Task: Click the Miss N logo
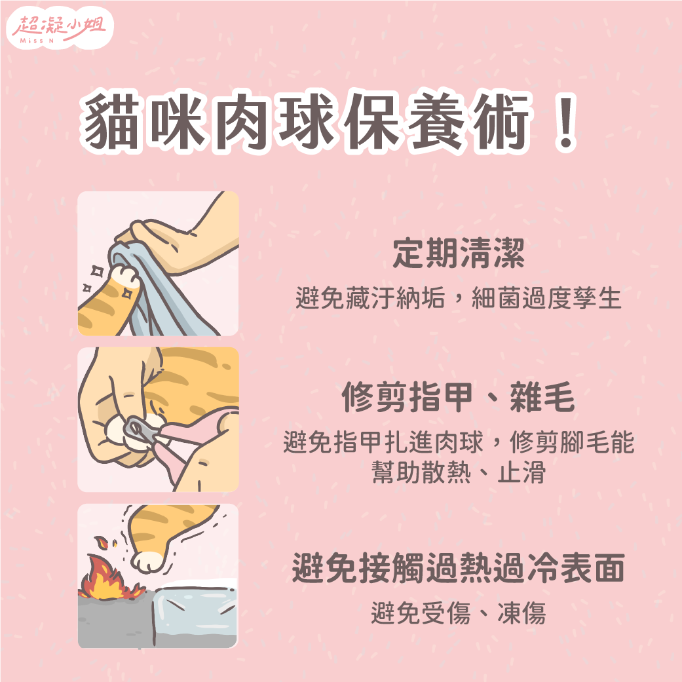coord(62,30)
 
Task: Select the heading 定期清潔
coord(458,254)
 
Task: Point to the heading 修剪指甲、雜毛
coord(458,398)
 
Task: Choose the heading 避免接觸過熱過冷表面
coord(458,568)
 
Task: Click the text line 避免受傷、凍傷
coord(458,614)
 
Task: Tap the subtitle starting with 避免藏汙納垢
coord(458,299)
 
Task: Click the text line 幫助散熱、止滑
coord(458,472)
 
